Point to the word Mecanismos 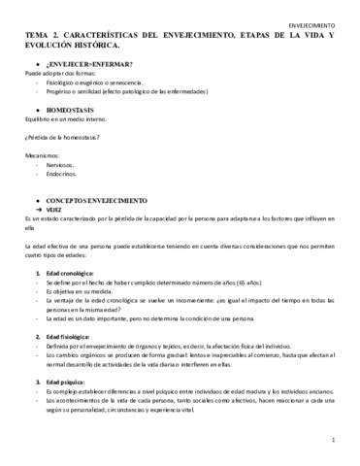point(44,155)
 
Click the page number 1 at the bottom point(332,440)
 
